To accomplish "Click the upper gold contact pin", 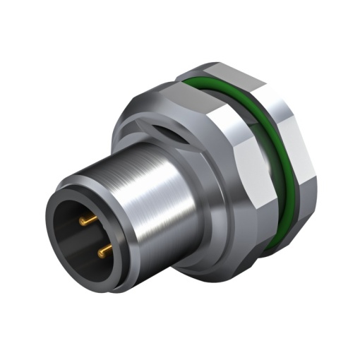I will pos(89,222).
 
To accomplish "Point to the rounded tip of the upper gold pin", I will pos(82,223).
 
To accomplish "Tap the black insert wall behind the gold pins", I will pos(74,240).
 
